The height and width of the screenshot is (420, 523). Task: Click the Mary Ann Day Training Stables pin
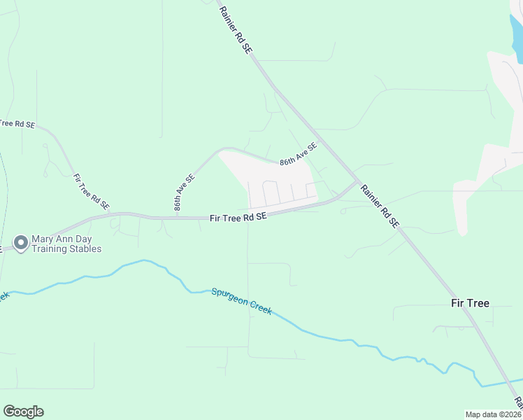21,243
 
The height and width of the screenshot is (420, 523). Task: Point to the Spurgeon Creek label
241,301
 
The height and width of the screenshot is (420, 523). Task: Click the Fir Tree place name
469,303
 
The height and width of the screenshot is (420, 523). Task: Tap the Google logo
23,412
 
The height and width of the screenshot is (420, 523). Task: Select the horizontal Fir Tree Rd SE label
238,218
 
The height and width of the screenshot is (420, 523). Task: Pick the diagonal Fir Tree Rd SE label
91,192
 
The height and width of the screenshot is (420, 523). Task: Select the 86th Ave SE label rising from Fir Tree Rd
184,192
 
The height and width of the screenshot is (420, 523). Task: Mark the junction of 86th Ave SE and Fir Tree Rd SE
178,218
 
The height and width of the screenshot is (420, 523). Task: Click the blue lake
516,28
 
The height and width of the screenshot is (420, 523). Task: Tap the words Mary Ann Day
59,239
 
